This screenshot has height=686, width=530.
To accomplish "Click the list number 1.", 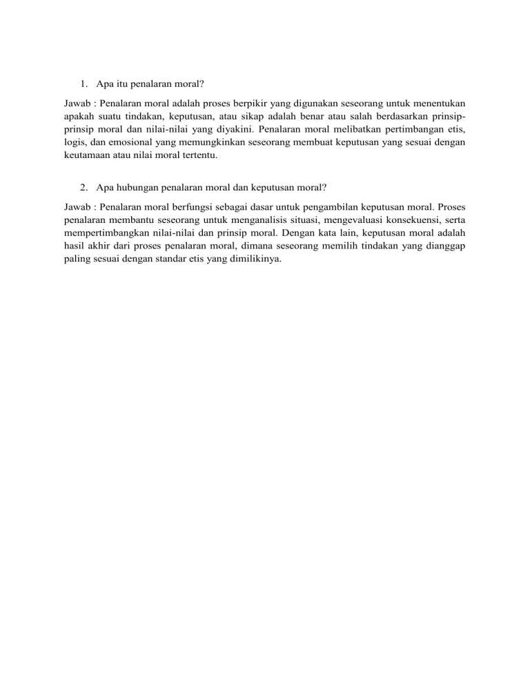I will click(x=82, y=86).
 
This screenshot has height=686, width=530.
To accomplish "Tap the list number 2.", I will click(x=82, y=186).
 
